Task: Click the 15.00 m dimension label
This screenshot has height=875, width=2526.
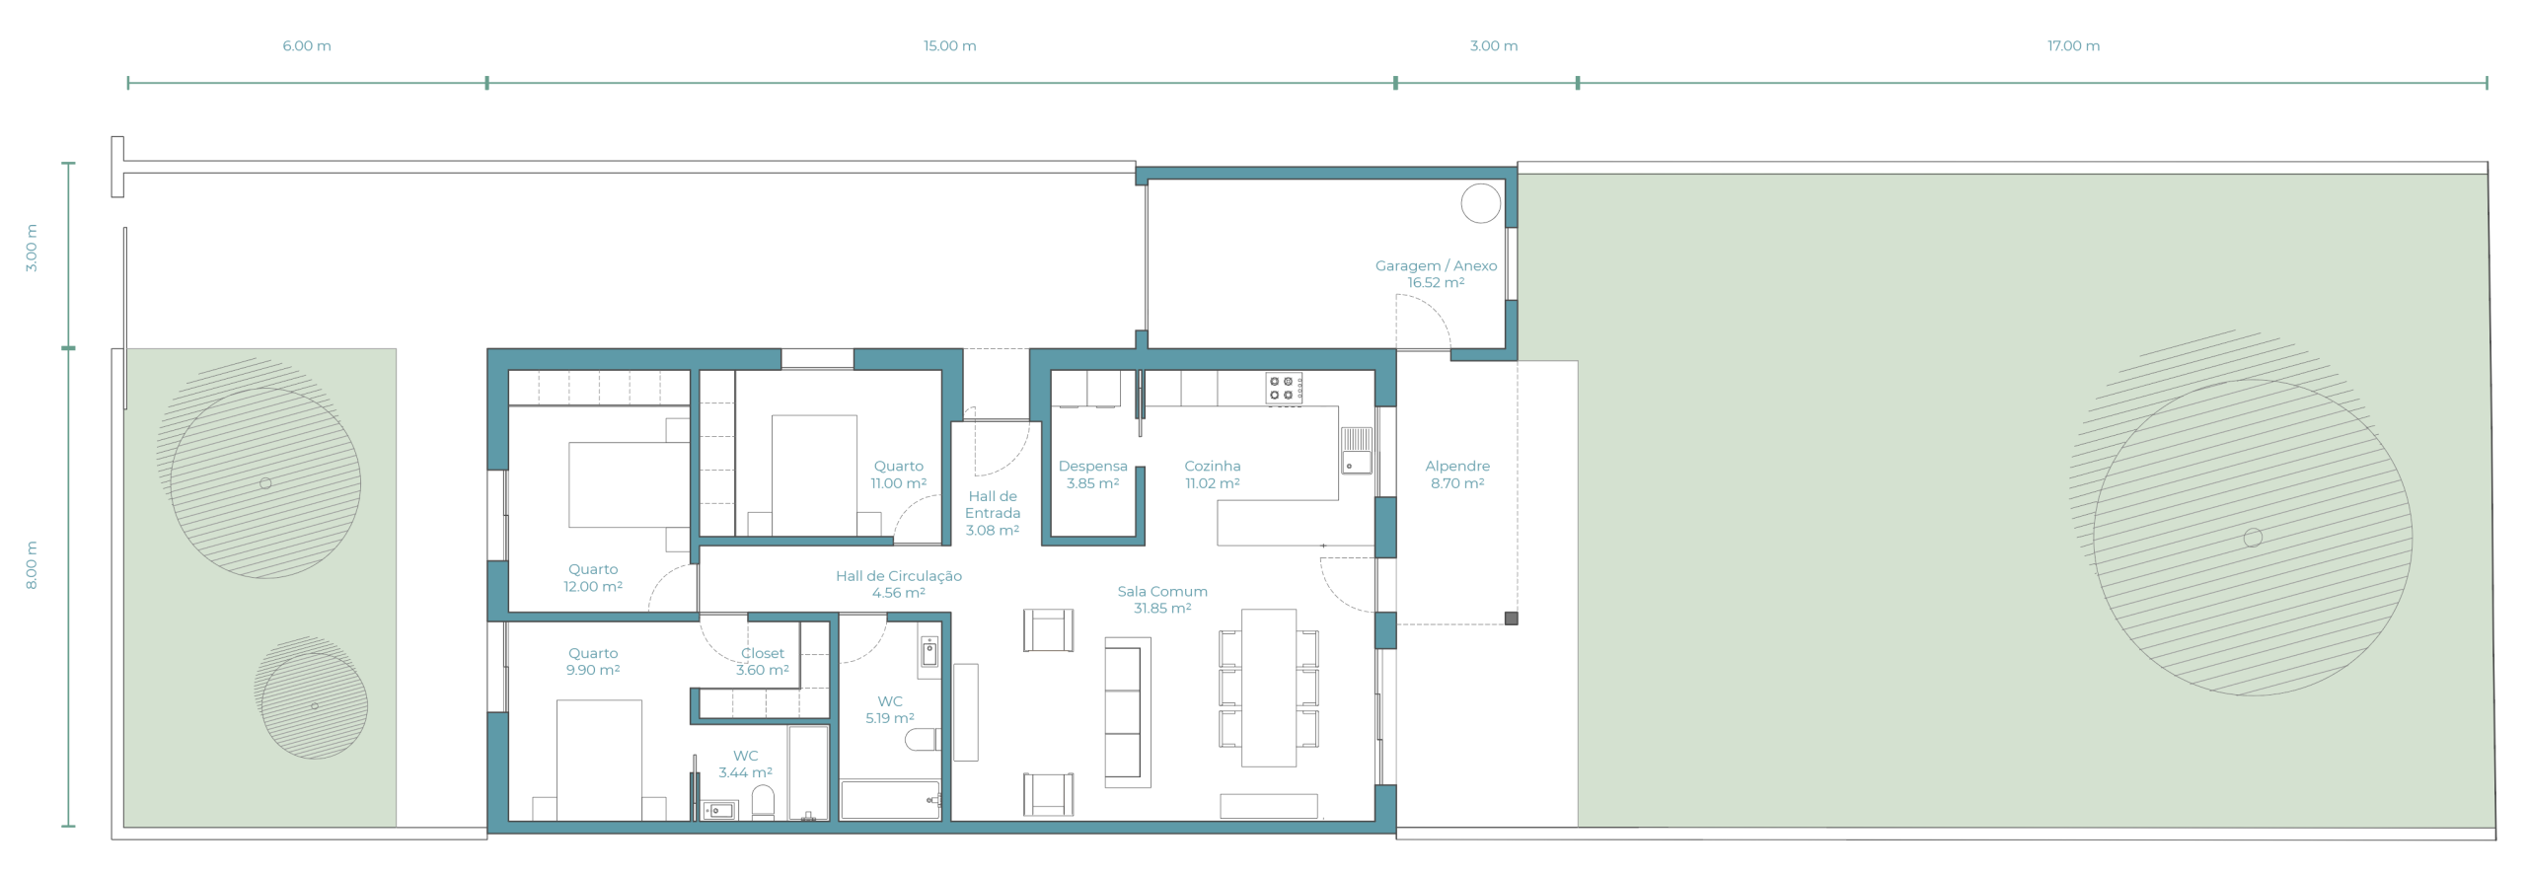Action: [x=949, y=46]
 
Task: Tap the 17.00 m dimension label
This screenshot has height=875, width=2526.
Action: [x=2073, y=46]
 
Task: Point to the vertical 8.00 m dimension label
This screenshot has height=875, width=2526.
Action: [x=32, y=565]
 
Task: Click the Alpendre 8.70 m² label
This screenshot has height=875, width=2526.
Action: [x=1457, y=474]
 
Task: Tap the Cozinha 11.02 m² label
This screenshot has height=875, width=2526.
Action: [x=1212, y=474]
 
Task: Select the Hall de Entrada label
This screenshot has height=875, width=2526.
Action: [x=992, y=513]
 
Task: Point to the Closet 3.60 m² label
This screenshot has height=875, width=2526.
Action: [x=763, y=662]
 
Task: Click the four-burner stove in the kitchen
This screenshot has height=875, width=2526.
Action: [x=1284, y=388]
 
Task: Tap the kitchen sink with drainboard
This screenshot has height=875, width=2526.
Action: [x=1356, y=450]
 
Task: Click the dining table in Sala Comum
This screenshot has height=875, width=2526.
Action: [x=1269, y=688]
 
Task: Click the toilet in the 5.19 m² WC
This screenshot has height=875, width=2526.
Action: [x=922, y=739]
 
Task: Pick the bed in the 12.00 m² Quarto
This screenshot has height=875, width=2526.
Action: [x=629, y=484]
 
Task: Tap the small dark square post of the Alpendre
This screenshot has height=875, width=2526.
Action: [x=1511, y=619]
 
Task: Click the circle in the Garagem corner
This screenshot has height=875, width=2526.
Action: [x=1480, y=203]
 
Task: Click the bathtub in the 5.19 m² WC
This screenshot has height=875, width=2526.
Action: [x=890, y=800]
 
